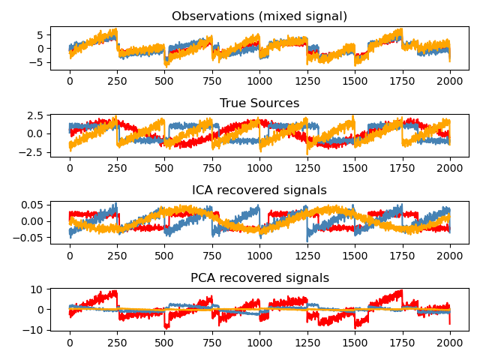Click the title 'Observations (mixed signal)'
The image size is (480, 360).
(x=259, y=16)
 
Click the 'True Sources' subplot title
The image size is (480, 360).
(x=259, y=103)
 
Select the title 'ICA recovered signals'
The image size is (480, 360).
(x=259, y=190)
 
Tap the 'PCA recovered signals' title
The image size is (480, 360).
(x=259, y=277)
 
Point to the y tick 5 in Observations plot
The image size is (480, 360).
(x=41, y=34)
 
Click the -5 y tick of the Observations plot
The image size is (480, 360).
(x=38, y=62)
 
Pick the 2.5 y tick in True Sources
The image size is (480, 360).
(x=36, y=115)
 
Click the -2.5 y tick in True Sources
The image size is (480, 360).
(x=33, y=151)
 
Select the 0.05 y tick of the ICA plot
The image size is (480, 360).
(x=33, y=205)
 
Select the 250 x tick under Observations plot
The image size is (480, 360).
(x=117, y=79)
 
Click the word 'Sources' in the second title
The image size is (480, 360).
(x=275, y=103)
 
